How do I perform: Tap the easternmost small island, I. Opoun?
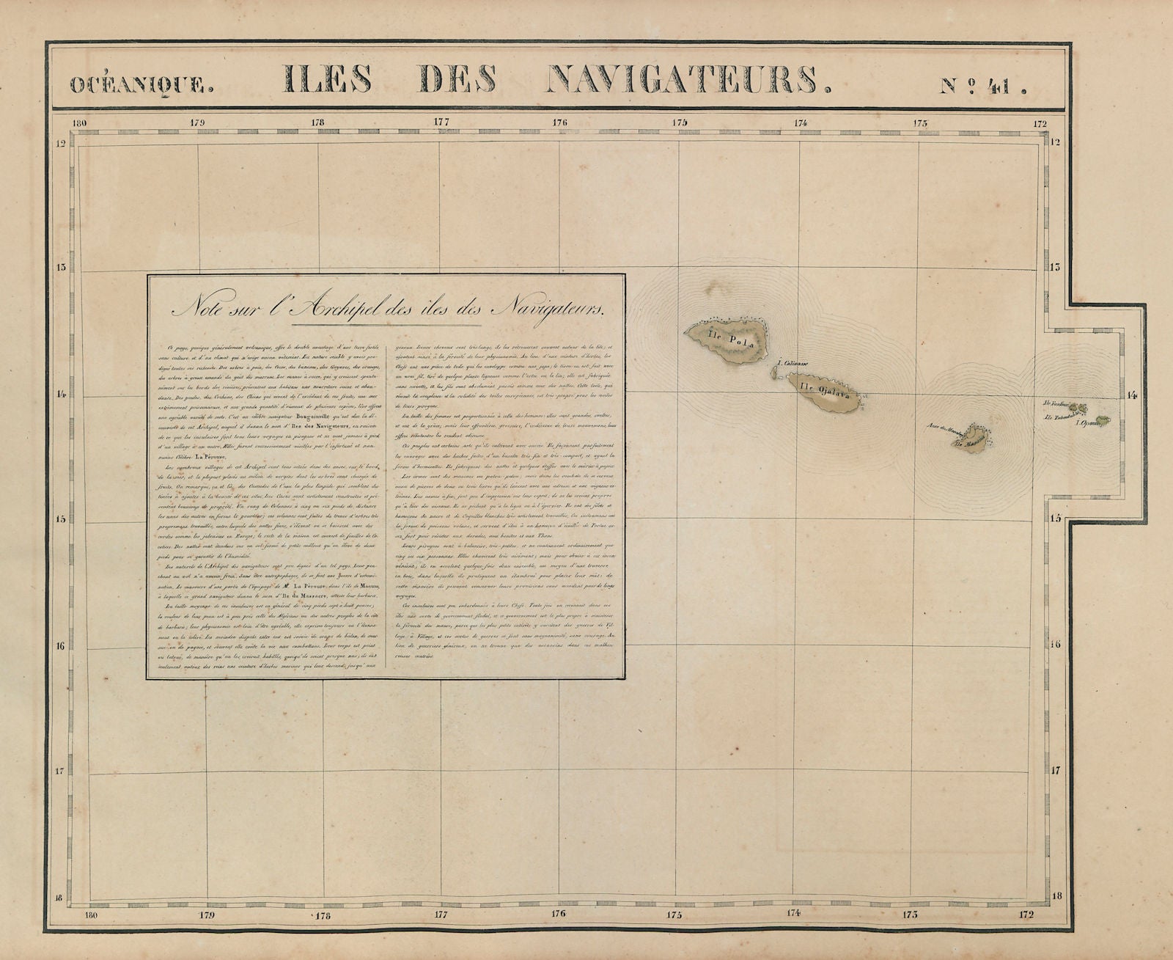1102,420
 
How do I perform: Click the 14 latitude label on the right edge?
1131,395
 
